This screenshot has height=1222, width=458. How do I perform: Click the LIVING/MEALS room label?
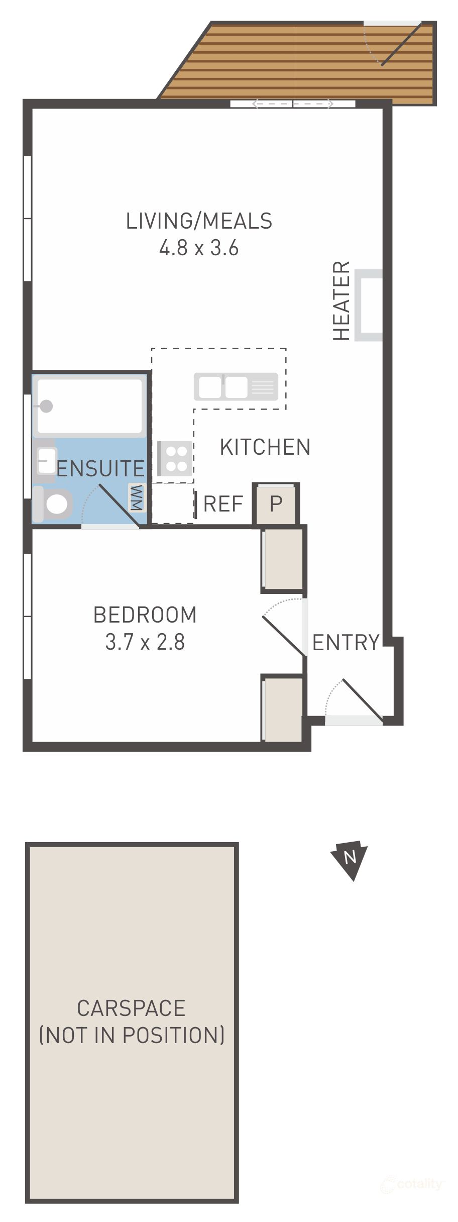(x=199, y=221)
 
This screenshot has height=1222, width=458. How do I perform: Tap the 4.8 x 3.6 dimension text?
(x=199, y=248)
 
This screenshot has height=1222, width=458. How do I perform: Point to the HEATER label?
(x=341, y=300)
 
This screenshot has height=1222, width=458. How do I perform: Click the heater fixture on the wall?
(x=369, y=305)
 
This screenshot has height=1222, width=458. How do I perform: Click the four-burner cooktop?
(x=175, y=458)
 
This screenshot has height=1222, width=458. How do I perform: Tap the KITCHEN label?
(x=265, y=447)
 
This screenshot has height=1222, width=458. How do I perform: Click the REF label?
(x=223, y=503)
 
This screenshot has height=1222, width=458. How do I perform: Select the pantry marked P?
(x=276, y=503)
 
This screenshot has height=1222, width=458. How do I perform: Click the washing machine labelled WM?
(x=137, y=498)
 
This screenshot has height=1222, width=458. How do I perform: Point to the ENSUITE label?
(x=100, y=468)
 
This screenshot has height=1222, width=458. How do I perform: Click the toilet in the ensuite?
(x=54, y=504)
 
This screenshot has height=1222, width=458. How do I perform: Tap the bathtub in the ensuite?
(x=89, y=406)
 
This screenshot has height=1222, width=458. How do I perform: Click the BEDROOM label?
(x=145, y=615)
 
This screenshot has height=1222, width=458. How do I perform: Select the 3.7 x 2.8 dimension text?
(x=145, y=642)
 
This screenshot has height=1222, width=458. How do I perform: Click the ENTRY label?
(x=346, y=642)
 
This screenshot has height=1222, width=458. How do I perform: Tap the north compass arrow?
(x=350, y=857)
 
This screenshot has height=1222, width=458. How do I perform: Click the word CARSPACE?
(x=131, y=1008)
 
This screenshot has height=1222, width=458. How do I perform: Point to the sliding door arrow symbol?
(x=292, y=104)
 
